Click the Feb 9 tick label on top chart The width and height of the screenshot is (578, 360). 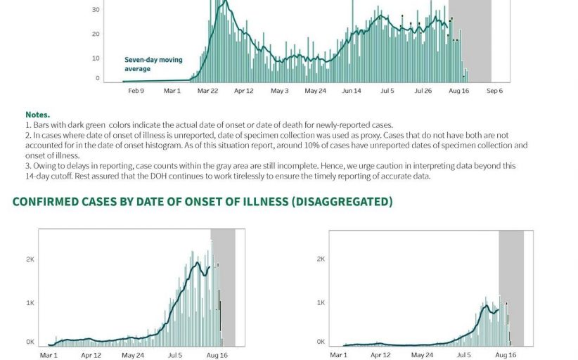tap(136, 91)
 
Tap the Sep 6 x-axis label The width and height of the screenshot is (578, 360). tap(494, 91)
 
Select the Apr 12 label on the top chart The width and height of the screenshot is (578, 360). tap(243, 91)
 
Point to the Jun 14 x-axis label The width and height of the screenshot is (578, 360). tap(351, 91)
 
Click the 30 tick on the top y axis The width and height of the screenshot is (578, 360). tap(96, 11)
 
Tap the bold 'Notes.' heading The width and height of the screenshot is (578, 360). tap(37, 115)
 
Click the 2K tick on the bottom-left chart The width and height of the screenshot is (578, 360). tap(30, 259)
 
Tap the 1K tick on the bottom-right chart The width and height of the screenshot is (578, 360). tap(321, 302)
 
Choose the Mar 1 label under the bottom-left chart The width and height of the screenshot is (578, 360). tap(48, 356)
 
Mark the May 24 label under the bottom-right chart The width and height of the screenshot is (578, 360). tap(422, 356)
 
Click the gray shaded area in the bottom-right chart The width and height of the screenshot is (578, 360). tap(511, 281)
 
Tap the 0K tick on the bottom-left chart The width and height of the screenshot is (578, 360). tap(30, 342)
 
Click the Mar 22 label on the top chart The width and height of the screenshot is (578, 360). tap(207, 91)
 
